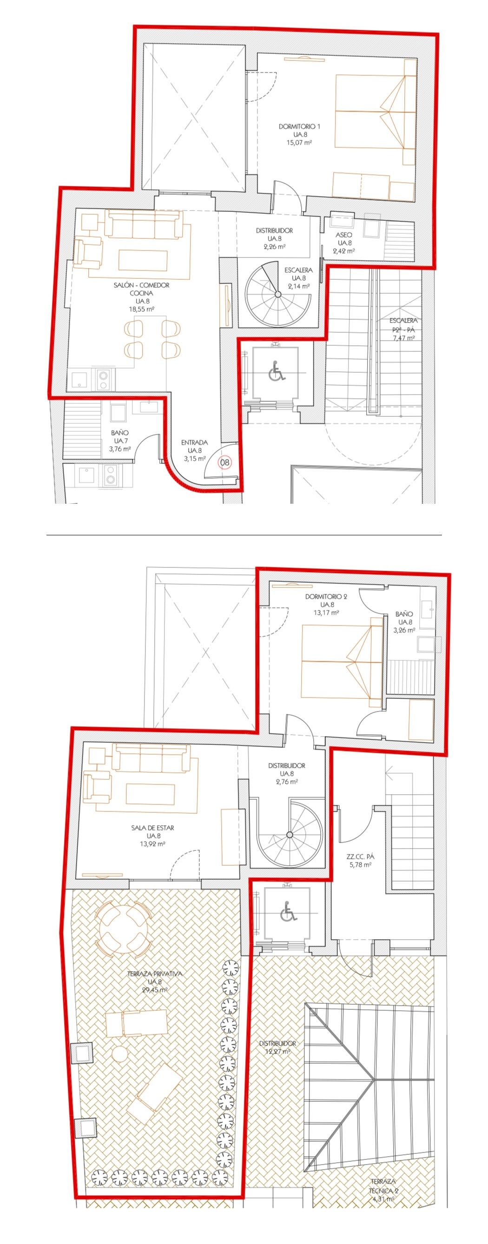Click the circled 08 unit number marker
click(225, 463)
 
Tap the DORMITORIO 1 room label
click(300, 126)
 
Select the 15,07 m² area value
click(300, 143)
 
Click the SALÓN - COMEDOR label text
click(142, 285)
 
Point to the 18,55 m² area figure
click(142, 309)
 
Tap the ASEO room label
click(344, 235)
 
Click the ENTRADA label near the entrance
click(195, 442)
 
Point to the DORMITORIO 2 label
click(326, 597)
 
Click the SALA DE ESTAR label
click(153, 828)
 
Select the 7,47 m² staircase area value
click(403, 337)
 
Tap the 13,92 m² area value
click(153, 844)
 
